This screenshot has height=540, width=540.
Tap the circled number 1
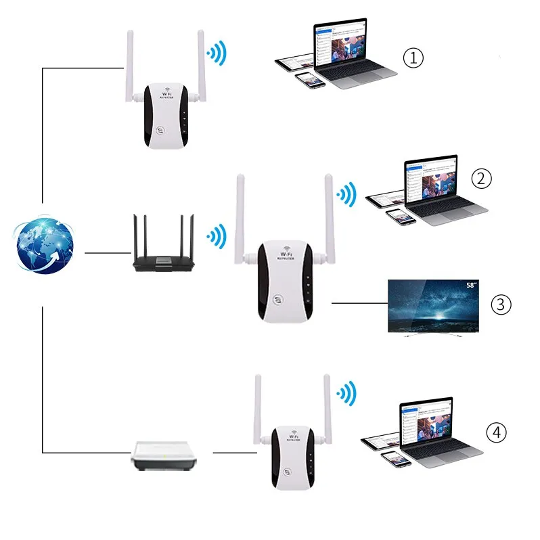413,58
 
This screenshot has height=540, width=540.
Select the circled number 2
481,179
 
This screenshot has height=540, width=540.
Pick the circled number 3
500,305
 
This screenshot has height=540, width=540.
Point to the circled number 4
496,432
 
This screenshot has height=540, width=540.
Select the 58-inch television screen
433,305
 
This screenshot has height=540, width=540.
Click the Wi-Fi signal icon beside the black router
216,235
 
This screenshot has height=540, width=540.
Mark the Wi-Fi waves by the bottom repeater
346,393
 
